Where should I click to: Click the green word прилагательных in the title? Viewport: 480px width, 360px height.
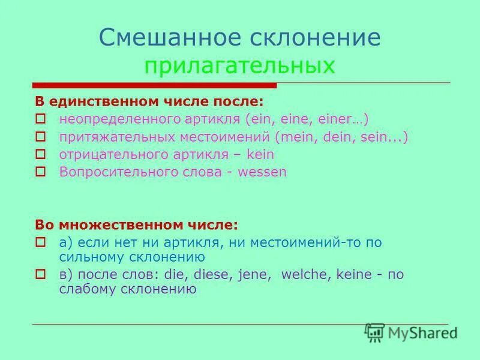[x=239, y=65]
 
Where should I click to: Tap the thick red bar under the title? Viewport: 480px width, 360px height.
[x=154, y=86]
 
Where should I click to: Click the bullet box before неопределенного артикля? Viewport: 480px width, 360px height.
[x=40, y=119]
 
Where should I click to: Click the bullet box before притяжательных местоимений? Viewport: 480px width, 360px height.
[x=40, y=137]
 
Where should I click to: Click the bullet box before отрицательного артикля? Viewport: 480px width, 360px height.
[x=40, y=154]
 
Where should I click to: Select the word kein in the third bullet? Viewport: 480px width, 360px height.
[x=260, y=154]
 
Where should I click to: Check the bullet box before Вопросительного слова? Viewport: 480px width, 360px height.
[x=40, y=172]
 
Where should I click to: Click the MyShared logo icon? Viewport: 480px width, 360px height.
[x=374, y=332]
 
